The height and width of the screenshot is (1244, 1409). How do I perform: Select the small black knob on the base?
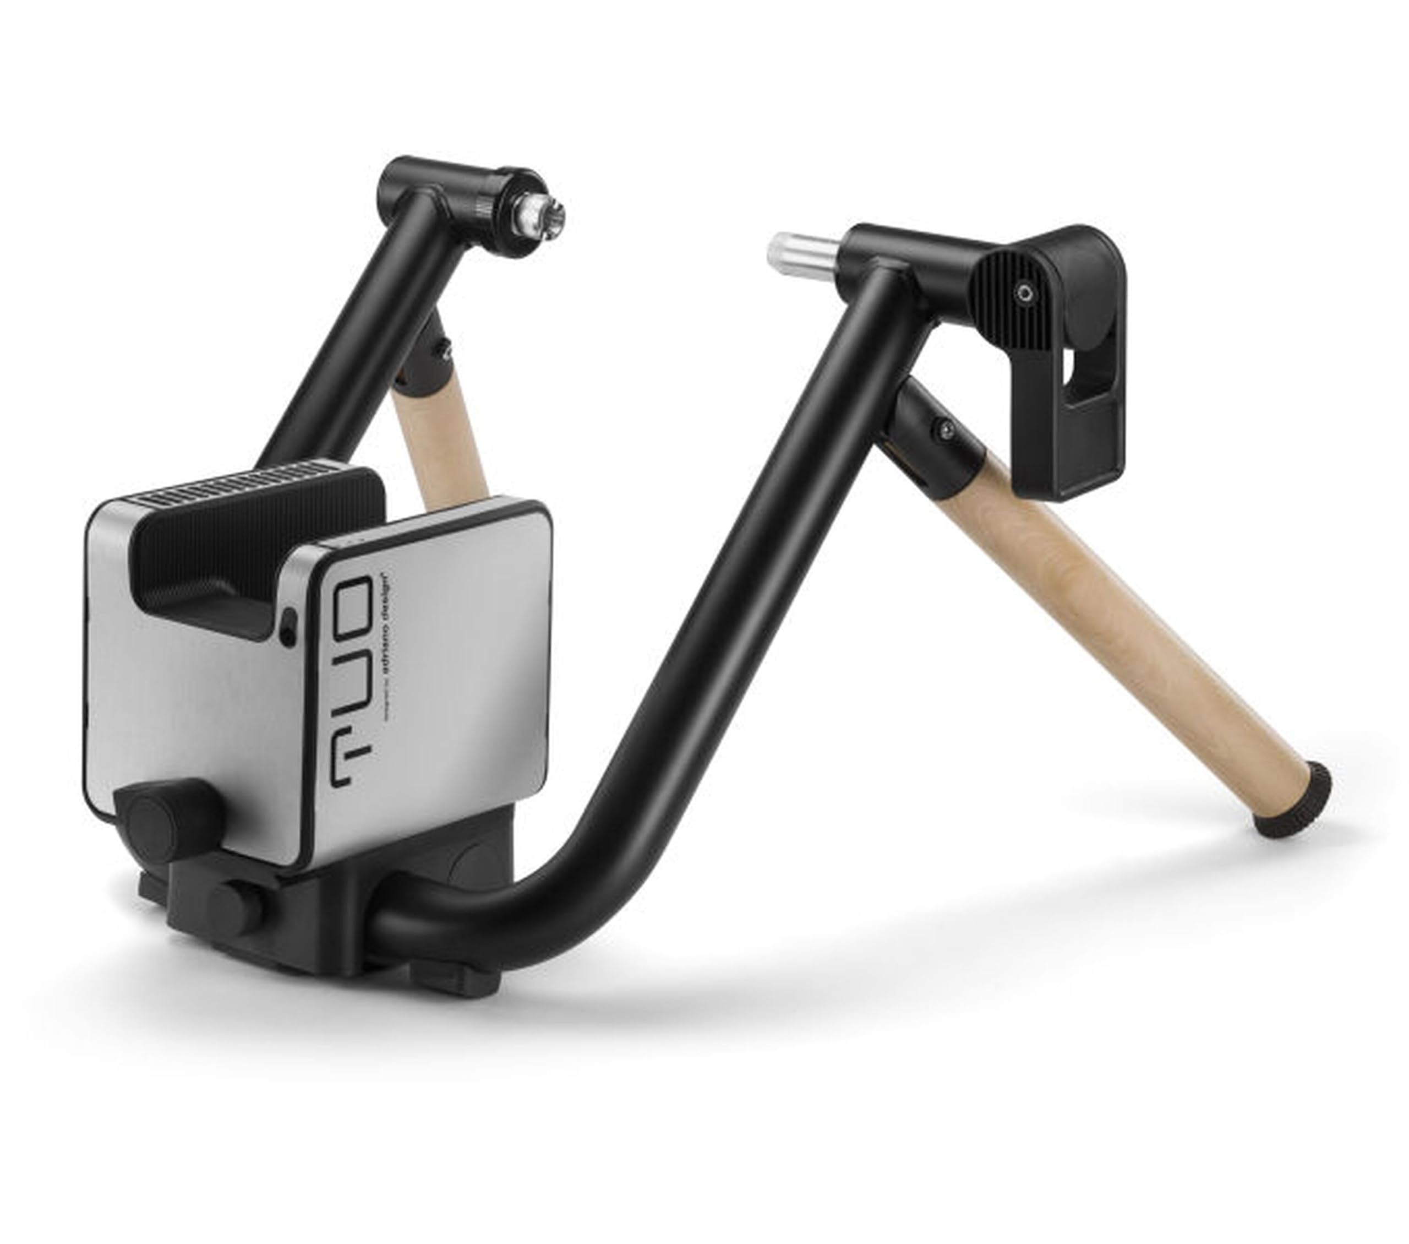pos(235,907)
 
